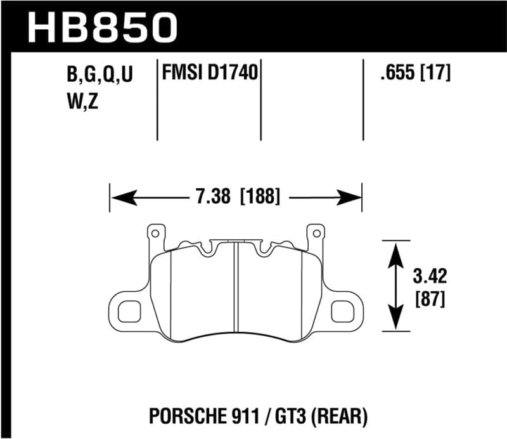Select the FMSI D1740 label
(x=209, y=74)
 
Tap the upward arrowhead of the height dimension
(x=396, y=251)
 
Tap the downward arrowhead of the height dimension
(x=396, y=321)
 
